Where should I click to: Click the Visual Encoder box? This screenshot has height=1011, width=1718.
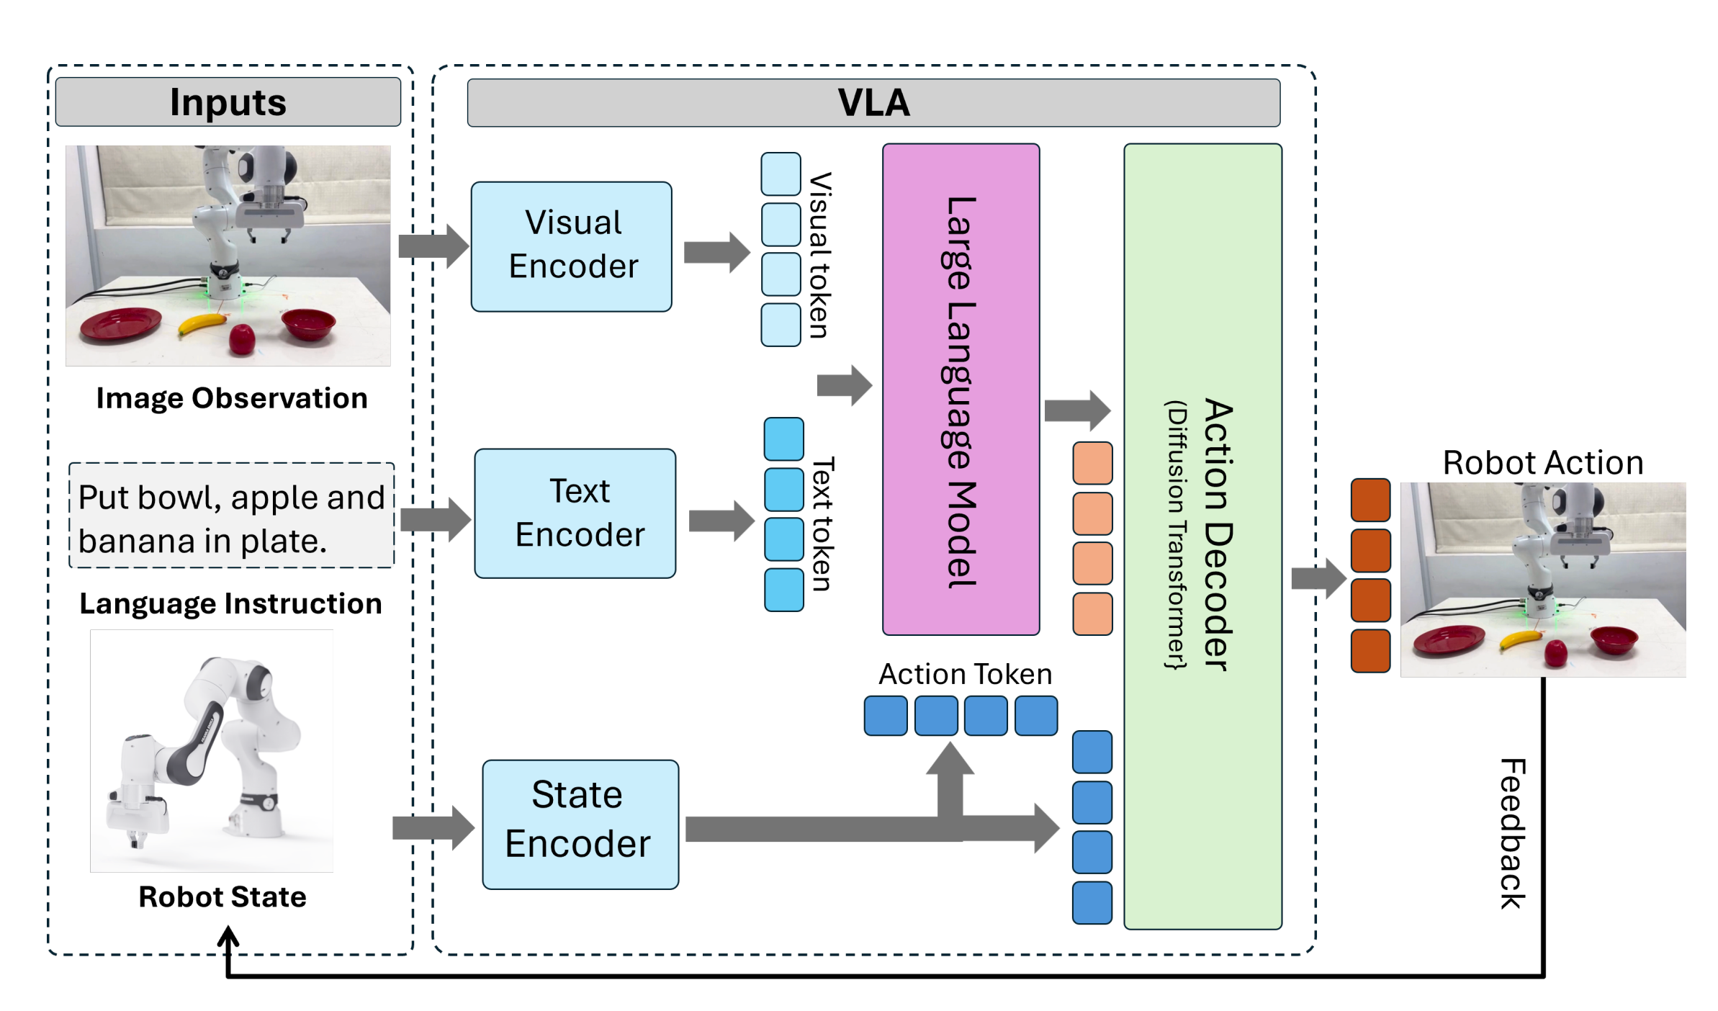pos(571,246)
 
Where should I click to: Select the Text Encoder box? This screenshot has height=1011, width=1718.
pos(575,513)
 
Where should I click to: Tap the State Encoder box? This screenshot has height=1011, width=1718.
pos(580,824)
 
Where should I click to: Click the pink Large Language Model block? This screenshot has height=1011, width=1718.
pos(960,390)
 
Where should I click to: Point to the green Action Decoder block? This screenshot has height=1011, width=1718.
pos(1202,536)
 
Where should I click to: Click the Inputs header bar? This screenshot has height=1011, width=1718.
pos(228,102)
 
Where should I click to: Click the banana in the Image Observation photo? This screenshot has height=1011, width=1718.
pos(202,324)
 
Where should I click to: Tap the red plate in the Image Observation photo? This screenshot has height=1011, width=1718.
pos(120,323)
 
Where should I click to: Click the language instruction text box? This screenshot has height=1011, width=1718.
pos(231,516)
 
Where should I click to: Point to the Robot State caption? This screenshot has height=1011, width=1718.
pos(222,897)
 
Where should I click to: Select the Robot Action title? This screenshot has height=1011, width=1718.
pos(1542,463)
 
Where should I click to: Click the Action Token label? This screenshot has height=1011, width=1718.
pos(965,674)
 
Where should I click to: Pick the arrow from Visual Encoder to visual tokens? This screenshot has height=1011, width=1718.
pos(716,252)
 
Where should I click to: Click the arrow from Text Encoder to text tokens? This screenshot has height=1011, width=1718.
pos(721,521)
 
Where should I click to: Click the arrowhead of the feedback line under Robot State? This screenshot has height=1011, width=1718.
pos(228,935)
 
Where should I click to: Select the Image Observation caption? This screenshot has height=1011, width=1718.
pos(231,398)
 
